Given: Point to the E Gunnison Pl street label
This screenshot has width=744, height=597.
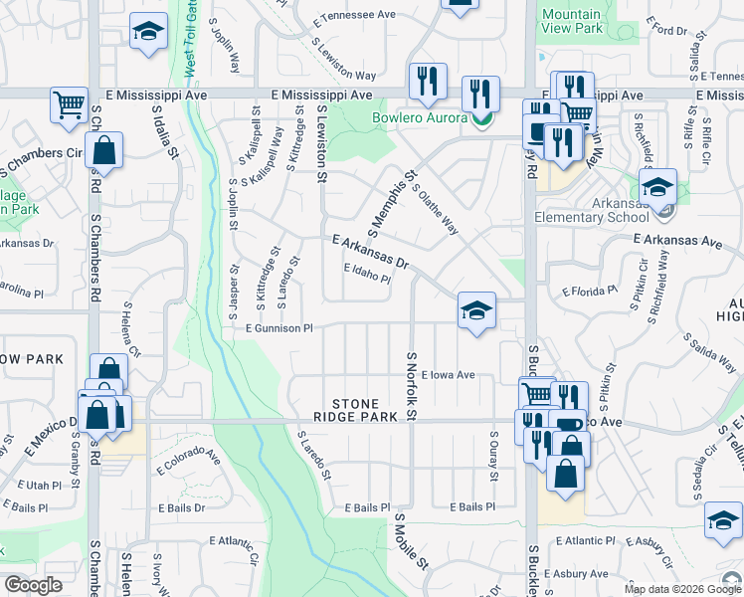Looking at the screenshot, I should [272, 328].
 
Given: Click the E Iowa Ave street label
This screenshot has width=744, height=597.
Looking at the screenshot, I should [448, 376].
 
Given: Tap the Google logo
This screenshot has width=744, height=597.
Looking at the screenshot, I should [33, 585].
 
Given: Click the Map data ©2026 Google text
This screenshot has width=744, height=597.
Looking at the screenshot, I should [681, 589].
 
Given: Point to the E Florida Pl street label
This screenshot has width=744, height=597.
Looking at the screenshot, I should [590, 293].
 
